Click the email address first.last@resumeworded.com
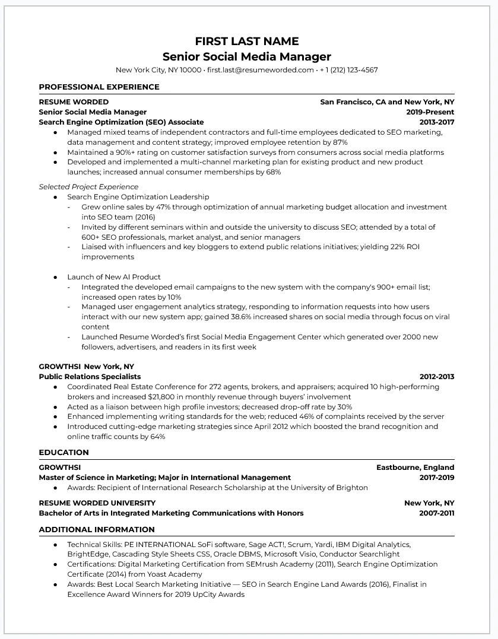[x=260, y=70]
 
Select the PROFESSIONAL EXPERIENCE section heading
[x=99, y=87]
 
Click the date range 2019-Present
[x=430, y=112]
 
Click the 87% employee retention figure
[x=340, y=142]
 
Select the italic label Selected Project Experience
[x=88, y=187]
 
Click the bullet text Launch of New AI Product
[x=114, y=277]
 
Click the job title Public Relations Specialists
[x=90, y=377]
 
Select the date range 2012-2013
[x=437, y=377]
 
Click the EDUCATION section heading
[x=64, y=453]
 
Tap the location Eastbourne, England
[x=415, y=468]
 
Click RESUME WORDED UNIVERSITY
[x=97, y=503]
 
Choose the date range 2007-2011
[x=437, y=513]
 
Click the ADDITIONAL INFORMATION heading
[x=97, y=530]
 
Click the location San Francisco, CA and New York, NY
[x=387, y=102]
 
